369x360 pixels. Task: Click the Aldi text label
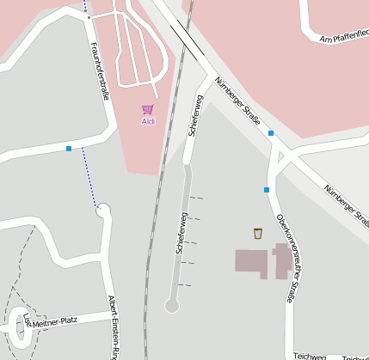tap(148, 122)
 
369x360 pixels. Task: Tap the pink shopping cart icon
tap(148, 110)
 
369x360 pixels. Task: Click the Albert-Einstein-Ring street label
tap(113, 326)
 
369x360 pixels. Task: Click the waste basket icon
tap(257, 233)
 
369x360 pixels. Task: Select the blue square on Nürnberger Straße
tap(271, 133)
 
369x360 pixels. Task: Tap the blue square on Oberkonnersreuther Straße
tap(267, 189)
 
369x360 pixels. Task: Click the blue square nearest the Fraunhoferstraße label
tap(69, 149)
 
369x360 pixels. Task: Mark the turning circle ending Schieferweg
tap(171, 305)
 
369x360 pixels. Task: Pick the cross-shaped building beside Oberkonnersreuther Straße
tap(281, 260)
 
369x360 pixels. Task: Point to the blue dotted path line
tap(89, 176)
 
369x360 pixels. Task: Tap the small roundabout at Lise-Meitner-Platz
tap(19, 326)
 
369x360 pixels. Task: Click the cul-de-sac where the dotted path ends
tap(104, 208)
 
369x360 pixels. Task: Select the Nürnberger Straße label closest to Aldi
tap(237, 102)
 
